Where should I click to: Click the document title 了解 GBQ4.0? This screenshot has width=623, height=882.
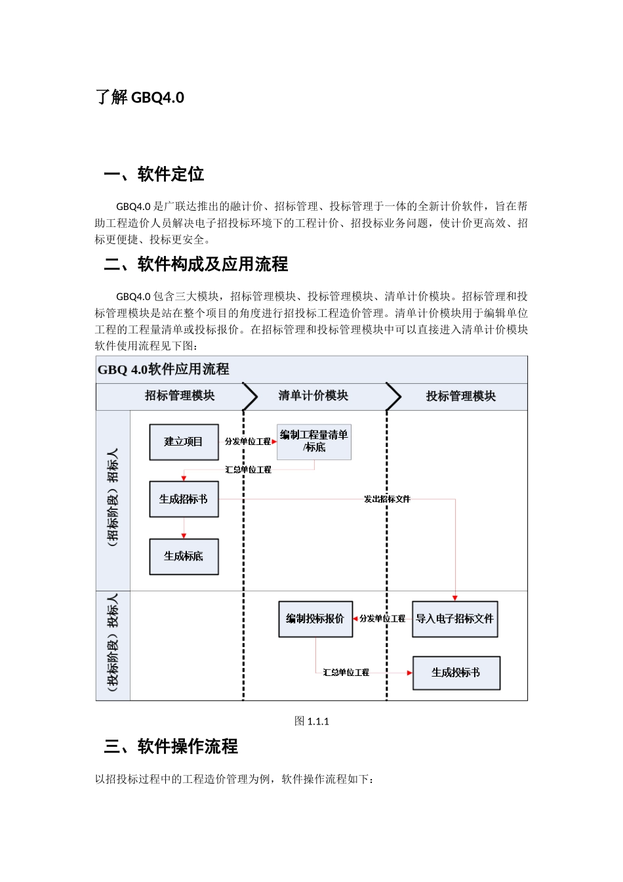pos(140,98)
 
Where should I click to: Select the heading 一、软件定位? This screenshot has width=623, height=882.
pos(154,175)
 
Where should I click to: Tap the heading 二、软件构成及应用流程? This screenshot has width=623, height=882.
pos(196,264)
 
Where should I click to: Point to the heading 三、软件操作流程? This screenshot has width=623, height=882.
pos(171,747)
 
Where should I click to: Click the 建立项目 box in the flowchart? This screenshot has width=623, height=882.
pos(184,442)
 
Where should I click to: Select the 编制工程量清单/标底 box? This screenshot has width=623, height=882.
pos(314,441)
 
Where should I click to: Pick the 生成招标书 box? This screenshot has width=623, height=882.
pos(184,499)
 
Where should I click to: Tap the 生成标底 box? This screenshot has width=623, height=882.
pos(184,556)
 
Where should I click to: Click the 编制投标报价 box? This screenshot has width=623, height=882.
pos(315,619)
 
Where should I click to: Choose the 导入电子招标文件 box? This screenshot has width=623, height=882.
pos(455,619)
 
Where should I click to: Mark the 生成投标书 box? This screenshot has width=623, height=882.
pos(456,673)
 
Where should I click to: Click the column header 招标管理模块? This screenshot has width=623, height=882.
pos(180,396)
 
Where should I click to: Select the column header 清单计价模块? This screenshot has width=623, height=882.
pos(313,396)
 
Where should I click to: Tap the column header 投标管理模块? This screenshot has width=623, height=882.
pos(461,396)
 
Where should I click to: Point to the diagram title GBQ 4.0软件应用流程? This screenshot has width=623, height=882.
pos(164,369)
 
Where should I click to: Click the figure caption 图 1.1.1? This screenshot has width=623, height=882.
pos(312,721)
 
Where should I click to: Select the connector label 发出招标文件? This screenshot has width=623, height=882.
pos(387,499)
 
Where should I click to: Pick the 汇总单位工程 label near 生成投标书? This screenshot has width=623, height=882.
pos(346,673)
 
